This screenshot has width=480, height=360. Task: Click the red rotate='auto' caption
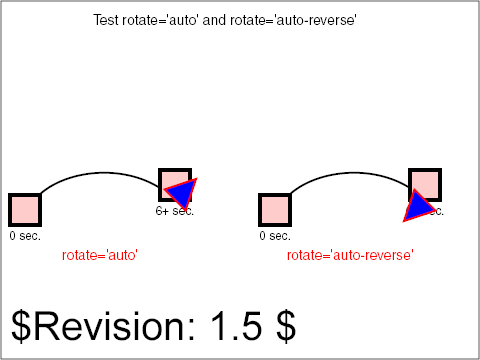click(x=99, y=256)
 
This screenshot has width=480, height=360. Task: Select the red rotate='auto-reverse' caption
click(x=350, y=256)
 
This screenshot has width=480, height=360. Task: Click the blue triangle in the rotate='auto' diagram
click(x=183, y=193)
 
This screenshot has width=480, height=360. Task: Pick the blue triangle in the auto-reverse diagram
click(x=417, y=205)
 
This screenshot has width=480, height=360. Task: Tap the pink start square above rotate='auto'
click(x=24, y=210)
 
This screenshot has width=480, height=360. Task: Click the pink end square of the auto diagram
click(x=170, y=179)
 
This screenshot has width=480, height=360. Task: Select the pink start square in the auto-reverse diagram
click(x=274, y=210)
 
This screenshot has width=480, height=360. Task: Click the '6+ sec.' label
click(x=175, y=211)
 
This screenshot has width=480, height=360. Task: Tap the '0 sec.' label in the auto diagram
click(x=25, y=236)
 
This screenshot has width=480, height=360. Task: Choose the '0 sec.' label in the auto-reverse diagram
click(x=275, y=236)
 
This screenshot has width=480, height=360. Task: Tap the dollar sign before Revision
click(x=21, y=326)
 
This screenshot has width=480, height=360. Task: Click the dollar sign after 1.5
click(x=286, y=326)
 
